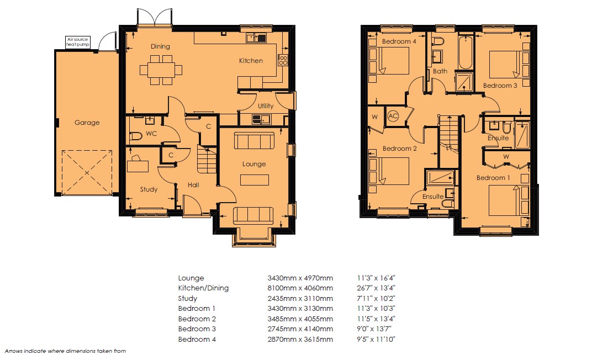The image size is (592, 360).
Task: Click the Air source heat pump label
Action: (x=77, y=42)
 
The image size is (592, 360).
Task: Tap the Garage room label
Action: (x=87, y=122)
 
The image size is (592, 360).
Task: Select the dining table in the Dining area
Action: (x=161, y=70)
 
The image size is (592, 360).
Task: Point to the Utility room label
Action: (x=266, y=105)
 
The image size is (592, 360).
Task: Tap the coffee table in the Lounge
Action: (x=255, y=179)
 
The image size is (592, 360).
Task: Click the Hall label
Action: (x=193, y=185)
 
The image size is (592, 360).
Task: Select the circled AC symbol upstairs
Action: (x=393, y=116)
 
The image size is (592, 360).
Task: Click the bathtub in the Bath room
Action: (x=466, y=52)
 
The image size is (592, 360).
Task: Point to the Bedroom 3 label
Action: (x=500, y=86)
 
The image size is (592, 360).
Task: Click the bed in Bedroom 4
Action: (x=393, y=60)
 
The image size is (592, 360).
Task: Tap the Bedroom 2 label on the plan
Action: (x=399, y=149)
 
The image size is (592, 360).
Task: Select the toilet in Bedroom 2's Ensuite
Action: (x=448, y=203)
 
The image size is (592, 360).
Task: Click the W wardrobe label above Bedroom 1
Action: (x=506, y=157)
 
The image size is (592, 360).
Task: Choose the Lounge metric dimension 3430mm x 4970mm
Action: (x=300, y=278)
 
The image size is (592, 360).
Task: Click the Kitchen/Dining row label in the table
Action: (x=203, y=288)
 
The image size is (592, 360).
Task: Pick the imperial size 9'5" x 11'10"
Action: (x=376, y=339)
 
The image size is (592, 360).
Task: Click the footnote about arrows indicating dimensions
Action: (x=65, y=351)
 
